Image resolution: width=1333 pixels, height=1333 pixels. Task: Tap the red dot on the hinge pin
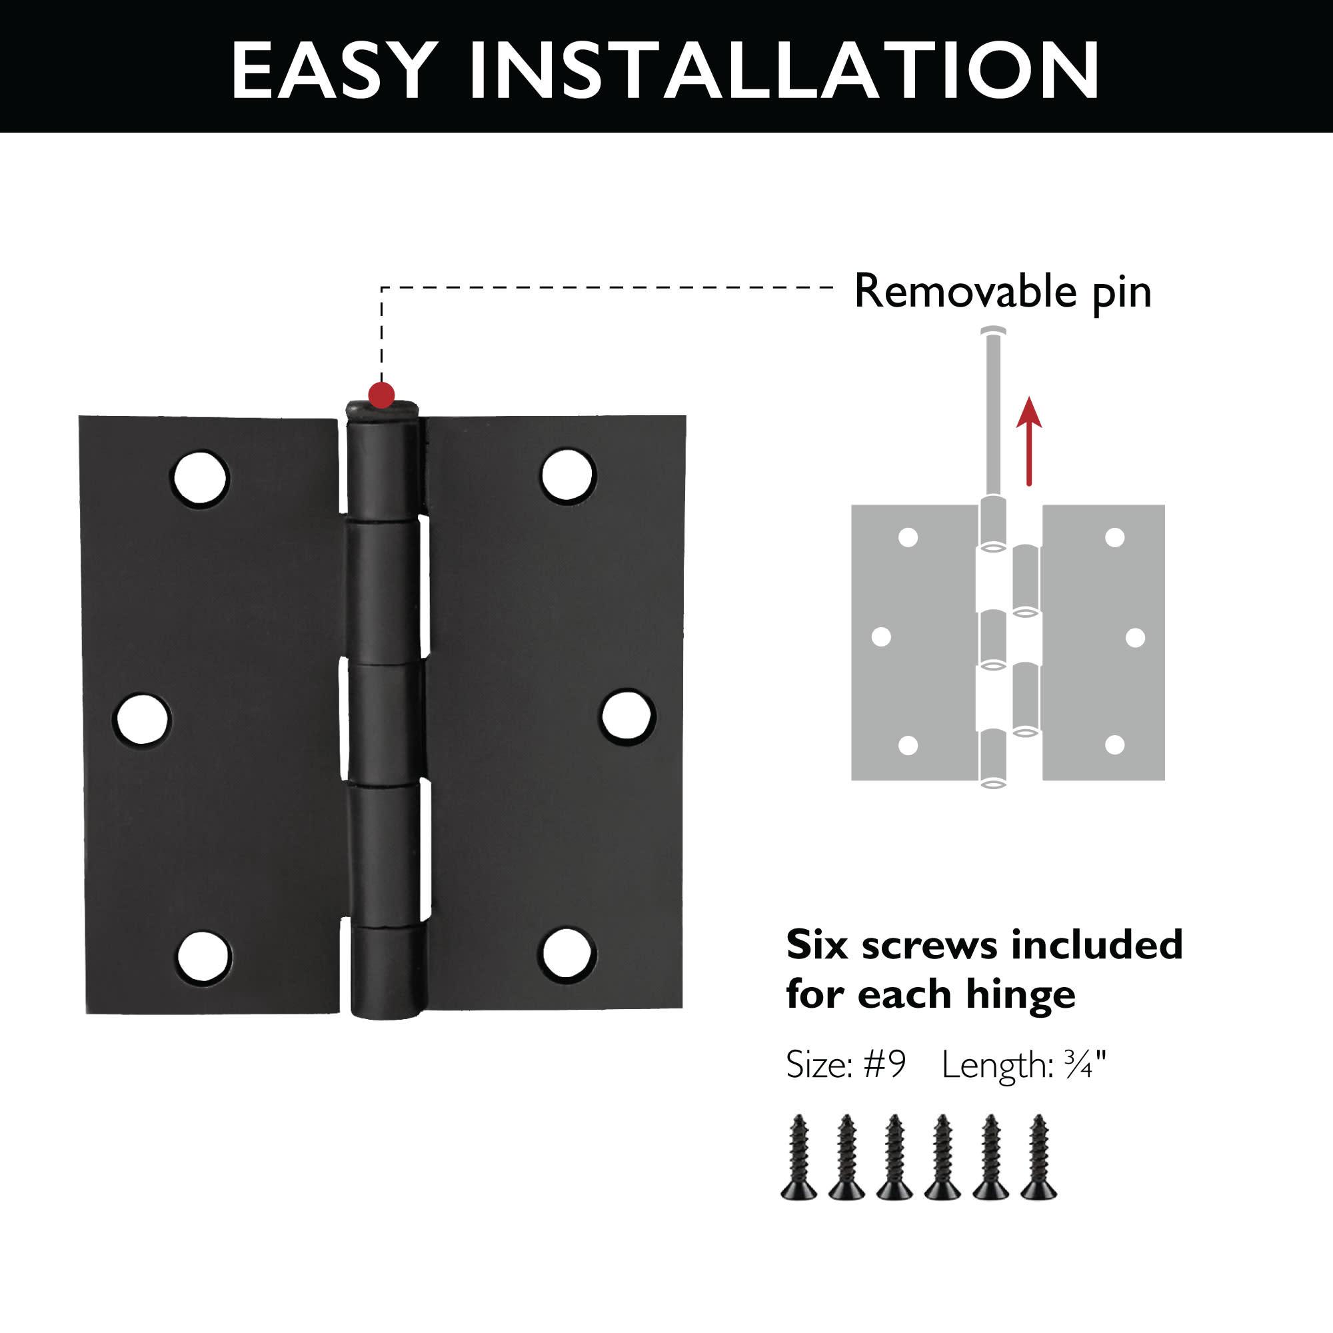click(381, 395)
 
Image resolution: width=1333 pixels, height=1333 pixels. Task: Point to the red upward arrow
click(1028, 442)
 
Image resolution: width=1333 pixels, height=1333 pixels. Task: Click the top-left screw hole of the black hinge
click(200, 478)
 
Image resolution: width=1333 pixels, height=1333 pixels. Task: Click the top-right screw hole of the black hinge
click(567, 475)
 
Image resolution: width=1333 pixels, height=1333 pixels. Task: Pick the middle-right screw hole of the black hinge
click(627, 716)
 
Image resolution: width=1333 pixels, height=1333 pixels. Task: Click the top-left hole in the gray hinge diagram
click(908, 537)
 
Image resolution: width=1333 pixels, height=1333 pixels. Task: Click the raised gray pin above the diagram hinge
click(993, 414)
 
